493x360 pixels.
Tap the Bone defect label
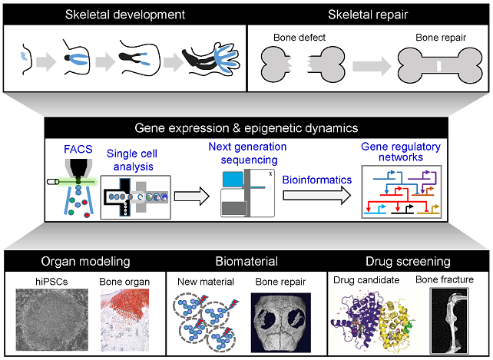(299, 37)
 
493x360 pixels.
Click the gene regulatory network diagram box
(400, 192)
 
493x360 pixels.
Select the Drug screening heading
(408, 260)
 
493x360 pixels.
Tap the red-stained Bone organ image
(127, 317)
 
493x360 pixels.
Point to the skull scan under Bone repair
(280, 321)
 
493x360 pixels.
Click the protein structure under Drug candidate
(366, 321)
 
